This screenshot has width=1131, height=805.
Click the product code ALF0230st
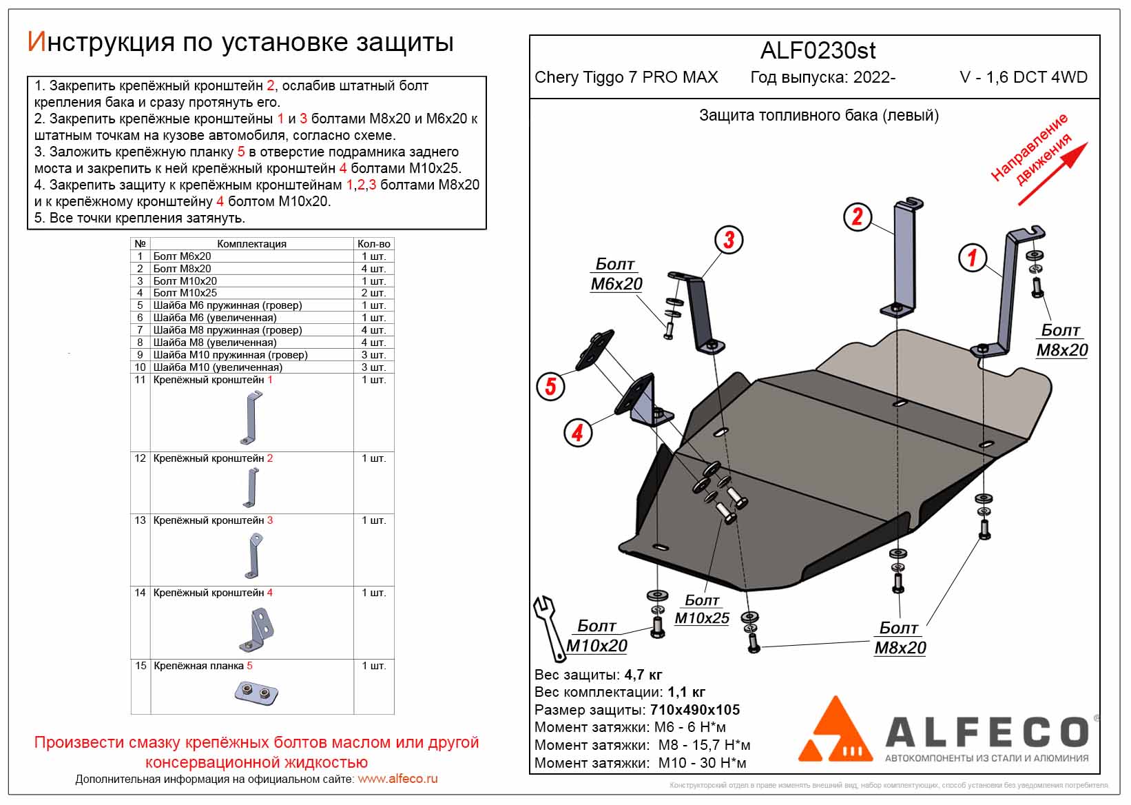pos(818,51)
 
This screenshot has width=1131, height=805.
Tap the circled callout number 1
pos(972,258)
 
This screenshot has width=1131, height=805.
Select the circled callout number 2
pos(857,216)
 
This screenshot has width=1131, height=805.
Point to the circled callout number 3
pos(729,239)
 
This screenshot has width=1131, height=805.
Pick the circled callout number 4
pos(577,433)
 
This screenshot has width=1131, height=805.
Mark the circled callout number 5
pos(550,386)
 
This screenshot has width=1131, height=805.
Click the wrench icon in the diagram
pos(548,626)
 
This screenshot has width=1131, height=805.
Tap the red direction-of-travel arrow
pos(1052,174)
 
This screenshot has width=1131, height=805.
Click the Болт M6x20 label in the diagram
pos(616,274)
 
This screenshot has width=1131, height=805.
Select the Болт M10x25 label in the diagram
pos(702,610)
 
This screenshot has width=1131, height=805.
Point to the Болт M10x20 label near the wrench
pos(596,636)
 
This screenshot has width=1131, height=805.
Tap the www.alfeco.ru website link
pos(397,779)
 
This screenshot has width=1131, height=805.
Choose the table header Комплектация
pos(251,244)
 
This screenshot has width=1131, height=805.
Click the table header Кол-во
pos(374,244)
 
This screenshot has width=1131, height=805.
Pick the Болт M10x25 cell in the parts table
pos(185,293)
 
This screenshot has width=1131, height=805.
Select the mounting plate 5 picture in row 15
pos(256,692)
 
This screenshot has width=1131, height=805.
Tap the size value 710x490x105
pos(694,710)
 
